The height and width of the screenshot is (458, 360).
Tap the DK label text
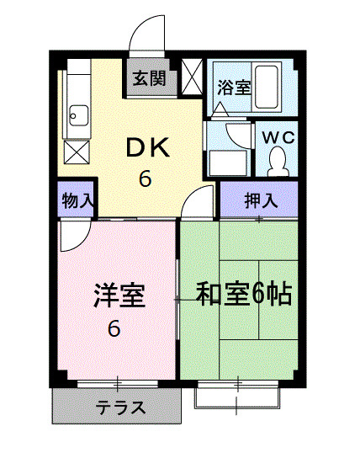click(149, 149)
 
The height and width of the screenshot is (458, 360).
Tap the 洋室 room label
click(119, 296)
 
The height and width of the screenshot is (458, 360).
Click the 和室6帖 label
click(244, 294)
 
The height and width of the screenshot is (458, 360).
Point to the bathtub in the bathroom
click(268, 88)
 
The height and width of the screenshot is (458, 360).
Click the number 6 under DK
click(145, 178)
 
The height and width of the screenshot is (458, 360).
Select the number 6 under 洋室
click(113, 328)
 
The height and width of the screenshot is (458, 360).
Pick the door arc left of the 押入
click(199, 200)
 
